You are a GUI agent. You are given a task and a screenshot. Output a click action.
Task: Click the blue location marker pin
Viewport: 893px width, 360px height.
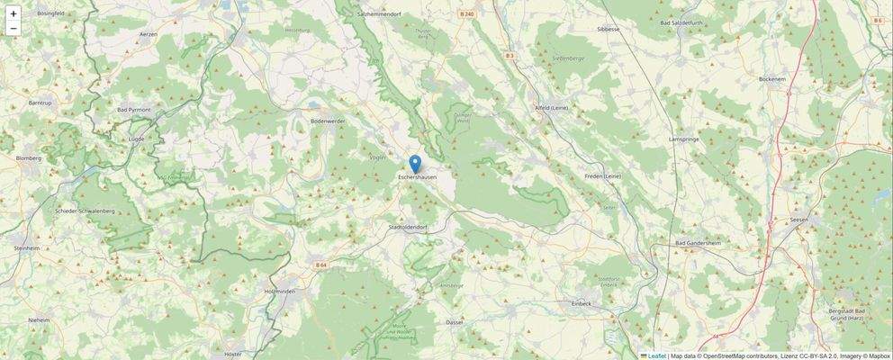coord(415,163)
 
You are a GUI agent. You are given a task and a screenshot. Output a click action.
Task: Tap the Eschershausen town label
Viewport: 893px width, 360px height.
coord(417,177)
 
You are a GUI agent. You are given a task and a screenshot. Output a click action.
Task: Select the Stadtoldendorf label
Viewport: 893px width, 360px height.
coord(406,228)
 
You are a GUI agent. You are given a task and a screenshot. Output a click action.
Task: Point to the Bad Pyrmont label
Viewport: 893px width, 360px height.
coord(134,110)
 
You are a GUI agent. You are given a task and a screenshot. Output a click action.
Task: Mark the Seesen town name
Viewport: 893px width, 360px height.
coord(798,220)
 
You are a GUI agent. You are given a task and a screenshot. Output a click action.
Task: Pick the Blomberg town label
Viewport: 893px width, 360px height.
coord(29,158)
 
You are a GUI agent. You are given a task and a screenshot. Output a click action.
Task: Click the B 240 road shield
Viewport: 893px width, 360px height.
coord(465,14)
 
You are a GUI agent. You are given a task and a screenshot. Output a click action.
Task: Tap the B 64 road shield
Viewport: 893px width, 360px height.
coord(321,264)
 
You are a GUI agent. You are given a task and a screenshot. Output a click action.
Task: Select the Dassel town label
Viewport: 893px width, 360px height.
coord(455,321)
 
